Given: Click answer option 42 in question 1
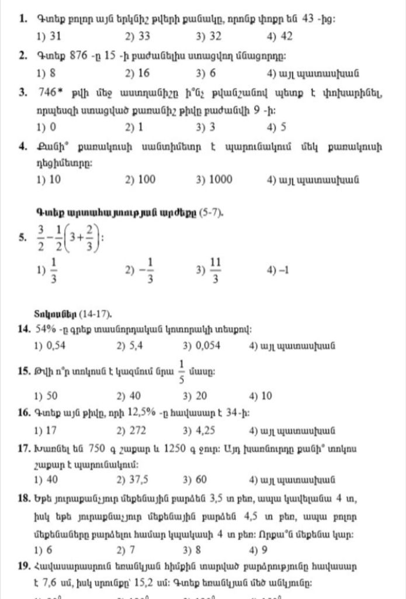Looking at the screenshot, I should pos(286,36).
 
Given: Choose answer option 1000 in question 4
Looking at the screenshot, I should pos(220,180).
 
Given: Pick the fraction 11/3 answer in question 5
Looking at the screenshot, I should pos(214,270).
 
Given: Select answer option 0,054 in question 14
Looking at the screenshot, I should pos(207,346).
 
